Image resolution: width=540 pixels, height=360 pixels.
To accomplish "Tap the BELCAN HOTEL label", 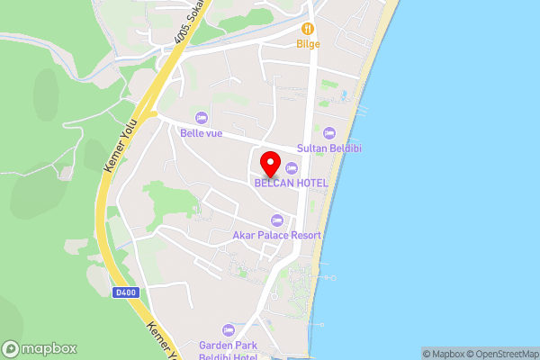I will click(291, 183).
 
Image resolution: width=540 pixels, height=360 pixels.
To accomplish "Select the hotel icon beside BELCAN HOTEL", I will click(291, 168).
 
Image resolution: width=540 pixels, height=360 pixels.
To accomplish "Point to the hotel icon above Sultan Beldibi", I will click(328, 133).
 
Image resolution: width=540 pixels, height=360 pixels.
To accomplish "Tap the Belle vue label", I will click(200, 133).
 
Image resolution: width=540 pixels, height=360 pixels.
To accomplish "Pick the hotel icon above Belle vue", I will click(201, 118).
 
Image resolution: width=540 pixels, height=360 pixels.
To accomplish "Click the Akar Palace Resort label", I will click(276, 235).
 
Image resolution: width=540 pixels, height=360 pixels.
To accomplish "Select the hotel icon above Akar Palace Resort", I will click(276, 220).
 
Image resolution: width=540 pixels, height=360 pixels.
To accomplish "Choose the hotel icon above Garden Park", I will click(228, 329).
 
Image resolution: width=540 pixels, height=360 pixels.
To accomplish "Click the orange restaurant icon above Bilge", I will click(308, 28).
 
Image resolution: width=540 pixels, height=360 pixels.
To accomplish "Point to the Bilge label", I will click(308, 43).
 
